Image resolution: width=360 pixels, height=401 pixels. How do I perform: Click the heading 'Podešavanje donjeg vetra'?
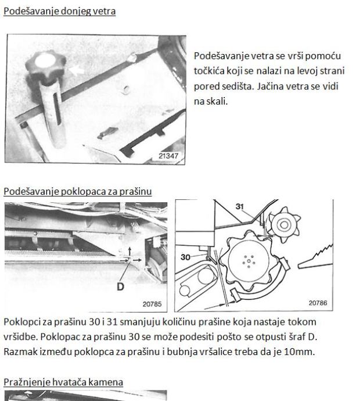point(60,11)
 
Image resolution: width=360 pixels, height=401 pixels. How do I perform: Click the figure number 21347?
point(168,156)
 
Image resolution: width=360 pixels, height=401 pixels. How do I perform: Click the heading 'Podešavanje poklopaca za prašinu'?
point(78,191)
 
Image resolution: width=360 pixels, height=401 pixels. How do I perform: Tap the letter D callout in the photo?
point(120,287)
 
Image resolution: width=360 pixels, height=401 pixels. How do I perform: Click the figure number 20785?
point(152,304)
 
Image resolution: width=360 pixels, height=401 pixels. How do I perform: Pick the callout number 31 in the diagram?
point(240,206)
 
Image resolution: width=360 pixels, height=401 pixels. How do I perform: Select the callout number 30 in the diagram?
point(185,257)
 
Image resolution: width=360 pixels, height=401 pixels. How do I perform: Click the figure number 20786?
point(318,303)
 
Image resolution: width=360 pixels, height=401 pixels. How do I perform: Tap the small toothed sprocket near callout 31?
point(284,225)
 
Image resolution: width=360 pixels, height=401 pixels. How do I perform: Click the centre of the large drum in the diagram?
point(249,261)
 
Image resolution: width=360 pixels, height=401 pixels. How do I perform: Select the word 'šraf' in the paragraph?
point(297,337)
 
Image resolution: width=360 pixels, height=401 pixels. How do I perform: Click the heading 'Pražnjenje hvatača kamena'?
point(63,382)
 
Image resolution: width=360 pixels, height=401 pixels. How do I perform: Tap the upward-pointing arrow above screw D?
point(129,251)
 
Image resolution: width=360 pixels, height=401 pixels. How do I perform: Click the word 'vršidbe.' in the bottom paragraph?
point(21,337)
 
